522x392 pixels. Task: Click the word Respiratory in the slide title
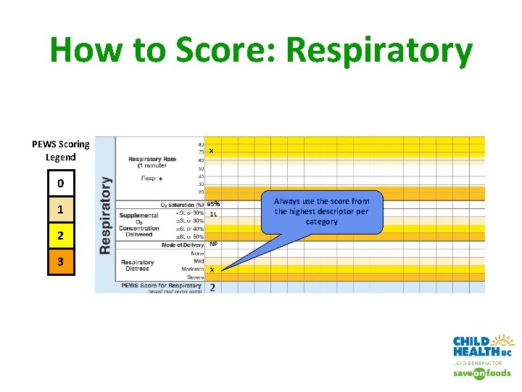(x=379, y=51)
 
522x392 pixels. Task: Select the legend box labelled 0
(x=60, y=183)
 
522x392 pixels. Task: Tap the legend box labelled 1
(x=60, y=211)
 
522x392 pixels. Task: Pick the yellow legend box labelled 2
(x=60, y=236)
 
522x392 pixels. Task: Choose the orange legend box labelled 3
(x=60, y=261)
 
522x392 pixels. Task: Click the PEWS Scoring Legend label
(x=61, y=150)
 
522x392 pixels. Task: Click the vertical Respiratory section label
(x=106, y=215)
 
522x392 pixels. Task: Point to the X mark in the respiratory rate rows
(x=211, y=151)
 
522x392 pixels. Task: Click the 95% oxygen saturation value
(x=213, y=204)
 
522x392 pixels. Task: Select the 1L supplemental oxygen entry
(x=213, y=213)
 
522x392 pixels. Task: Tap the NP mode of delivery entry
(x=213, y=245)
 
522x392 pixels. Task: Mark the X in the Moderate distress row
(x=211, y=270)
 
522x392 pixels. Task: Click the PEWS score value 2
(x=212, y=287)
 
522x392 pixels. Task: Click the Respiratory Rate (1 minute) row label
(x=152, y=162)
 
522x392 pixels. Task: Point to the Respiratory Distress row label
(x=138, y=266)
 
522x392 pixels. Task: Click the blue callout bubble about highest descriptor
(x=321, y=211)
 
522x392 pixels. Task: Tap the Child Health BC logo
(x=483, y=347)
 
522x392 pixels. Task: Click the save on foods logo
(x=482, y=373)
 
